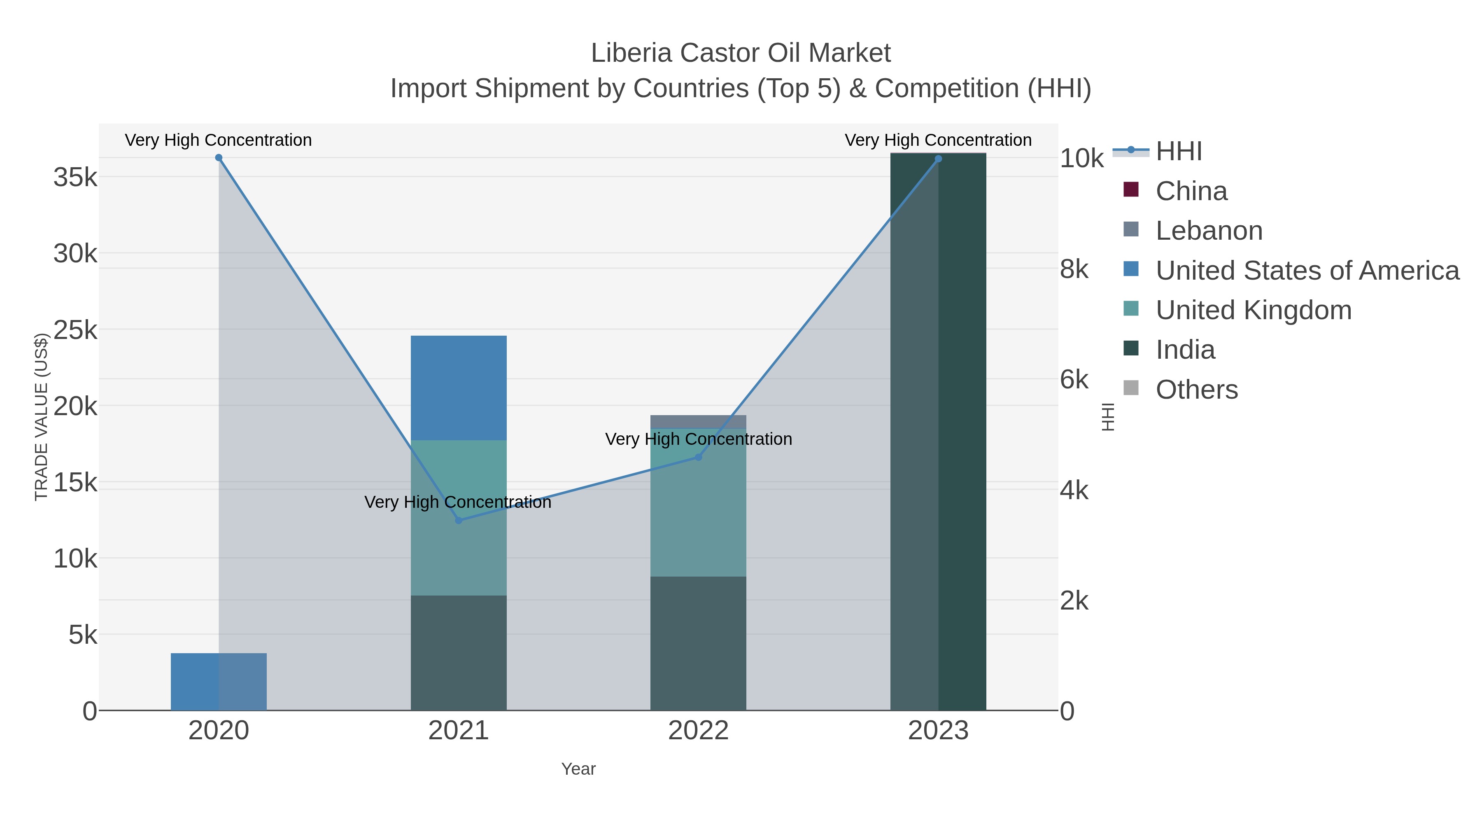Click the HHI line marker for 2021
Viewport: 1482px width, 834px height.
point(459,520)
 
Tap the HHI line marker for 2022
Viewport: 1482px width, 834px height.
point(699,457)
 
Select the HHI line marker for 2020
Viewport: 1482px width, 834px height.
point(219,158)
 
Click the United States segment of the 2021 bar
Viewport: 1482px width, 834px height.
point(459,388)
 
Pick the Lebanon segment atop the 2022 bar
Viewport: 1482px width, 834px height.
point(699,421)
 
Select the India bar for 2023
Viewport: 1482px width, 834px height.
point(938,432)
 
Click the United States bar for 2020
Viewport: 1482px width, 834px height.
point(219,682)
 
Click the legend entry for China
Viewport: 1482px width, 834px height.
point(1191,191)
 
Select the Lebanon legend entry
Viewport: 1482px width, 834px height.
point(1208,231)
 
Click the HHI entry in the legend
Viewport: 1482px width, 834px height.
point(1178,152)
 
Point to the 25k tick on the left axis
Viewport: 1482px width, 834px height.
point(75,330)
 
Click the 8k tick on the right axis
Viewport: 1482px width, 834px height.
point(1074,269)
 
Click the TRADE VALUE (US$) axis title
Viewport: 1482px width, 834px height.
point(41,417)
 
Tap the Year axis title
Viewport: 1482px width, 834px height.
point(578,769)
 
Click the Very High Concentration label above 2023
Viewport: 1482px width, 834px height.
point(938,140)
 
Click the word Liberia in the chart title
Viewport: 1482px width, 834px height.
point(631,53)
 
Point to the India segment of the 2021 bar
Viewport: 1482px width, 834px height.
point(459,653)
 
